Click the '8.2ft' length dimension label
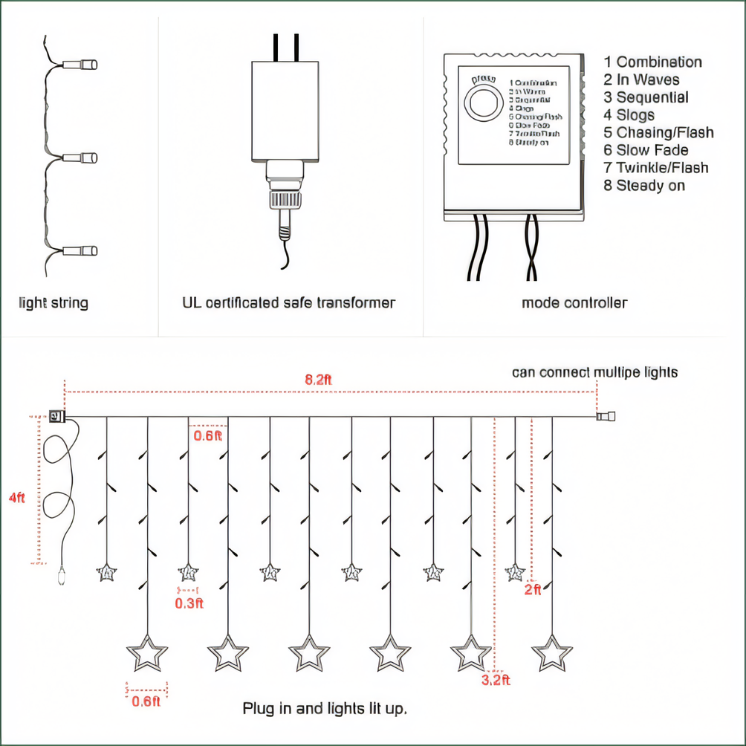pyautogui.click(x=318, y=379)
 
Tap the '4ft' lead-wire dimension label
pyautogui.click(x=16, y=498)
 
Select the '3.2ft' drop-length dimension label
pyautogui.click(x=496, y=679)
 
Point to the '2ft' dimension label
pyautogui.click(x=533, y=590)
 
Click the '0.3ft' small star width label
pyautogui.click(x=189, y=603)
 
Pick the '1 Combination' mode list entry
pyautogui.click(x=652, y=62)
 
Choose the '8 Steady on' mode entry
pyautogui.click(x=644, y=186)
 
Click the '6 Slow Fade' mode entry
pyautogui.click(x=646, y=150)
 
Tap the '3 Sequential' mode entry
pyautogui.click(x=646, y=97)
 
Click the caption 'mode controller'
pyautogui.click(x=574, y=302)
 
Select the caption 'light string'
pyautogui.click(x=53, y=302)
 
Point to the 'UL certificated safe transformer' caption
pyautogui.click(x=288, y=302)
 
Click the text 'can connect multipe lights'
pyautogui.click(x=594, y=372)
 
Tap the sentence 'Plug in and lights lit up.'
pyautogui.click(x=325, y=709)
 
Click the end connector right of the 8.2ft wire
pyautogui.click(x=606, y=417)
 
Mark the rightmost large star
pyautogui.click(x=551, y=653)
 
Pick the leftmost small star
pyautogui.click(x=107, y=572)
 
